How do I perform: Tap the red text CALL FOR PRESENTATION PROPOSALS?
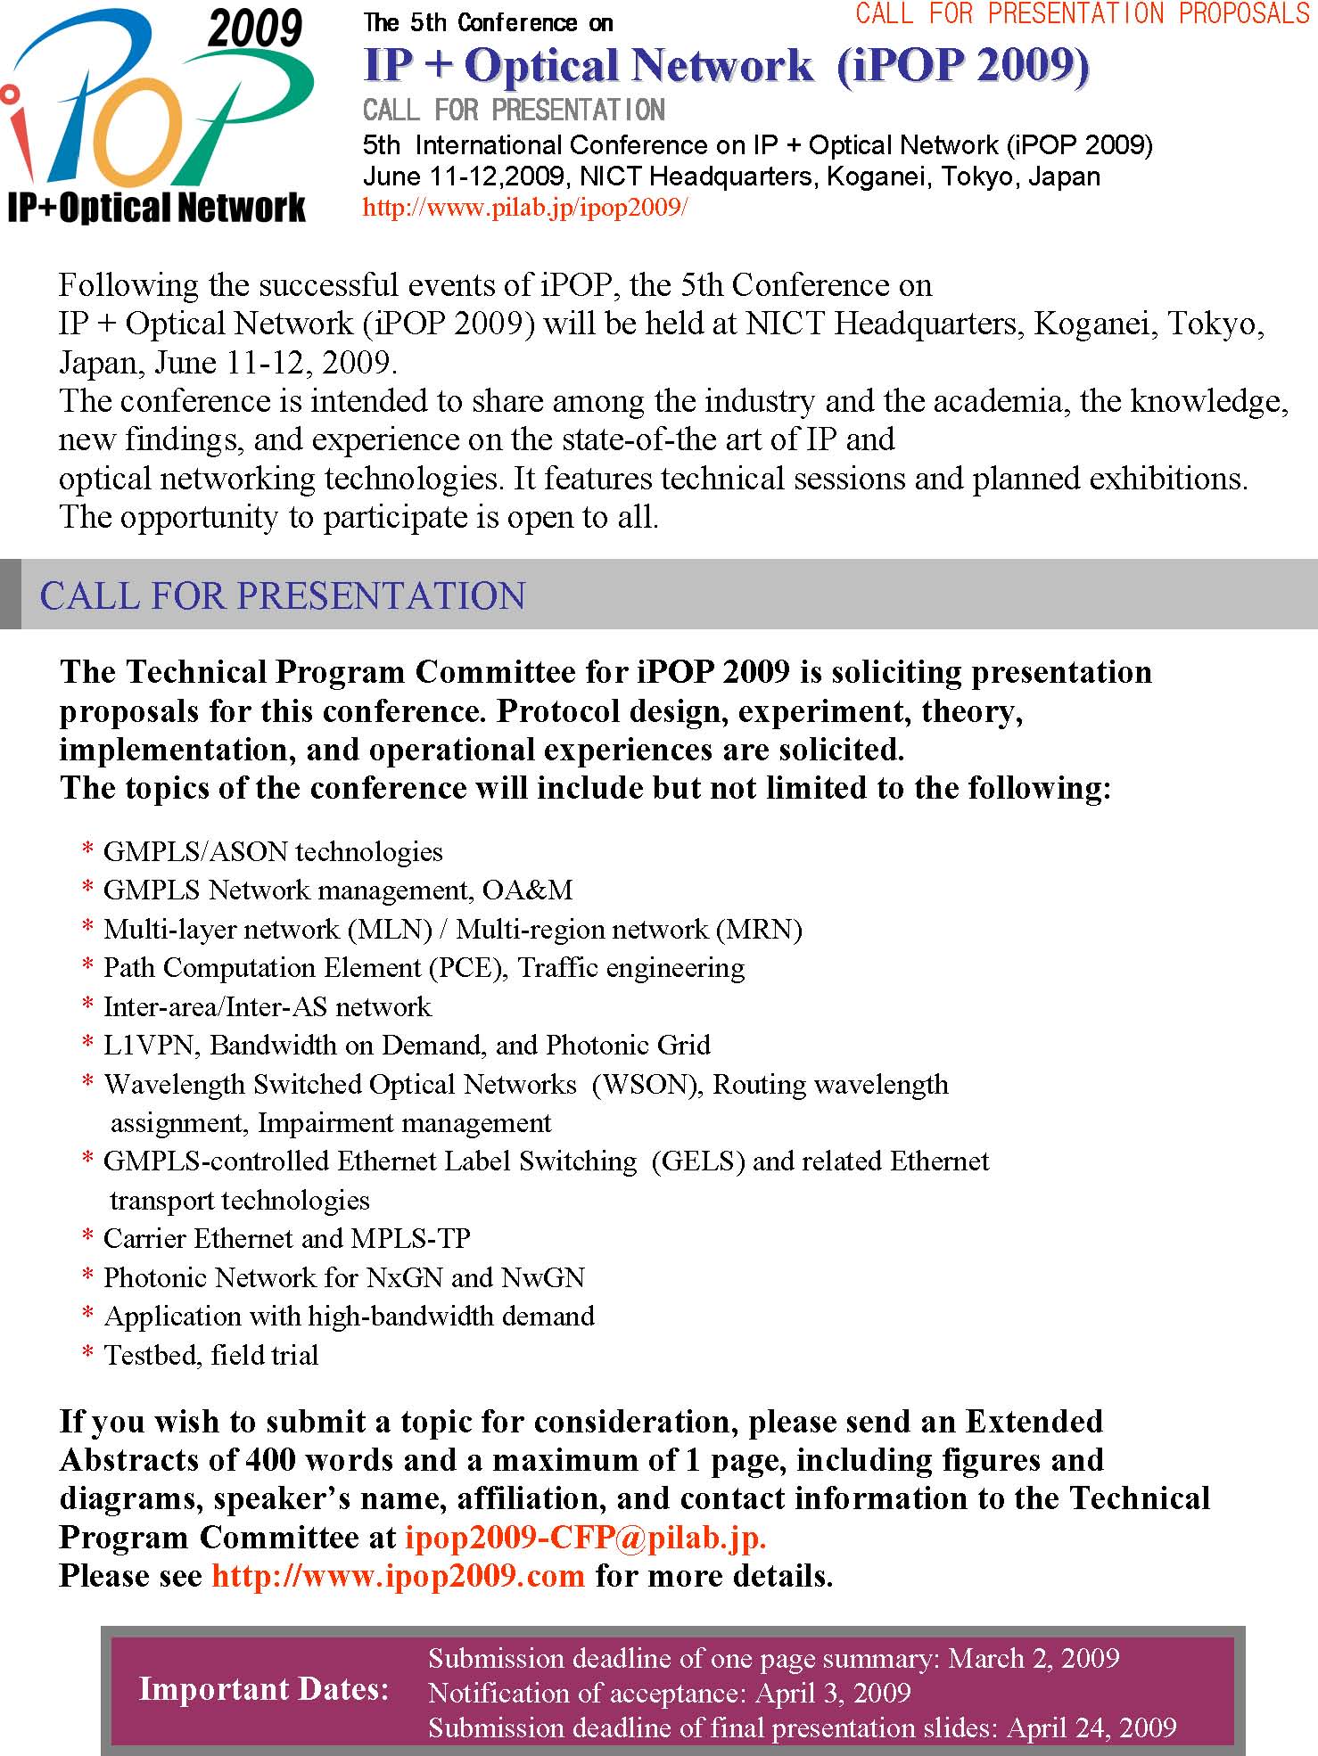[1082, 13]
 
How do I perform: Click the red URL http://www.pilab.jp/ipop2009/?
[524, 208]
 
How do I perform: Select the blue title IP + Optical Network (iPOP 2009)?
[726, 66]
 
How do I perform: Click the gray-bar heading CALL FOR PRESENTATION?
[283, 595]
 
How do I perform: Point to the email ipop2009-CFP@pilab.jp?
[585, 1538]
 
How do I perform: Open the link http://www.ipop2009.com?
[398, 1576]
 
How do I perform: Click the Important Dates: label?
[264, 1689]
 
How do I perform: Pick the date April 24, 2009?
[1091, 1727]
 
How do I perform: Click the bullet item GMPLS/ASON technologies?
[273, 851]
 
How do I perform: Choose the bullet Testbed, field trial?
[210, 1355]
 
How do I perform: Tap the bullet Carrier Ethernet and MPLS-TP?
[286, 1238]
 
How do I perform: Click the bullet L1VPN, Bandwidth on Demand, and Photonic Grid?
[407, 1045]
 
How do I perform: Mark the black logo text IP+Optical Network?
[156, 208]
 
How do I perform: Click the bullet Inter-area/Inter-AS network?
[267, 1006]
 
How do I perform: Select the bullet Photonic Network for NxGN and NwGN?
[343, 1277]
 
